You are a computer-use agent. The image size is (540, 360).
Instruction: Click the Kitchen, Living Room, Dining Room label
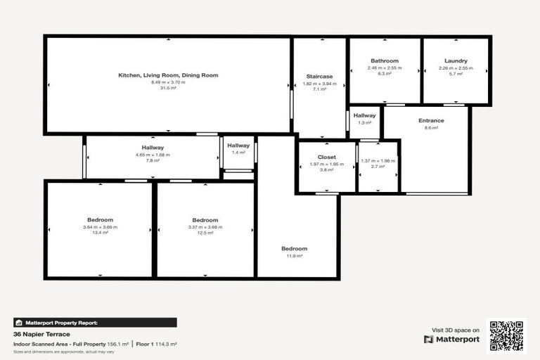click(x=168, y=75)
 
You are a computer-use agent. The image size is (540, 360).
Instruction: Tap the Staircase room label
click(x=319, y=76)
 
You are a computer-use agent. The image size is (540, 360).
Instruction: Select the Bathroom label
click(x=385, y=61)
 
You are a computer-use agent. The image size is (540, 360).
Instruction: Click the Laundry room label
click(x=456, y=61)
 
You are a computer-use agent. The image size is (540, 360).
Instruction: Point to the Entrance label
click(x=431, y=120)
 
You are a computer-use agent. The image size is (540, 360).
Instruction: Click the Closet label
click(x=326, y=157)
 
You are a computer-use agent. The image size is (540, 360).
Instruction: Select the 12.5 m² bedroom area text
click(x=205, y=233)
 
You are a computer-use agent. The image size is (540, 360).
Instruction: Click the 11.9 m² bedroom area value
click(x=294, y=256)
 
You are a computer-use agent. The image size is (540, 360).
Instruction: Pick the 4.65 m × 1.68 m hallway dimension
click(x=153, y=154)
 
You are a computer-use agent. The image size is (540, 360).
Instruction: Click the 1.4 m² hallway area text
click(x=238, y=153)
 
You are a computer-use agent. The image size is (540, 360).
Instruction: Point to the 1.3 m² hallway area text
click(x=364, y=123)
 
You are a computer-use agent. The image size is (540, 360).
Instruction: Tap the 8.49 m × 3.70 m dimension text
click(x=168, y=82)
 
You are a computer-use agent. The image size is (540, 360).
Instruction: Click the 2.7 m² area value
click(x=378, y=167)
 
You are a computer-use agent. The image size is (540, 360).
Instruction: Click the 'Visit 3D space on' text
click(x=455, y=330)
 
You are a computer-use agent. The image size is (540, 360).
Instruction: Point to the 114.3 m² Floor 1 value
click(x=167, y=344)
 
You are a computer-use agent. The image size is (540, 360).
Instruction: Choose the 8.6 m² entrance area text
click(x=431, y=128)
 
